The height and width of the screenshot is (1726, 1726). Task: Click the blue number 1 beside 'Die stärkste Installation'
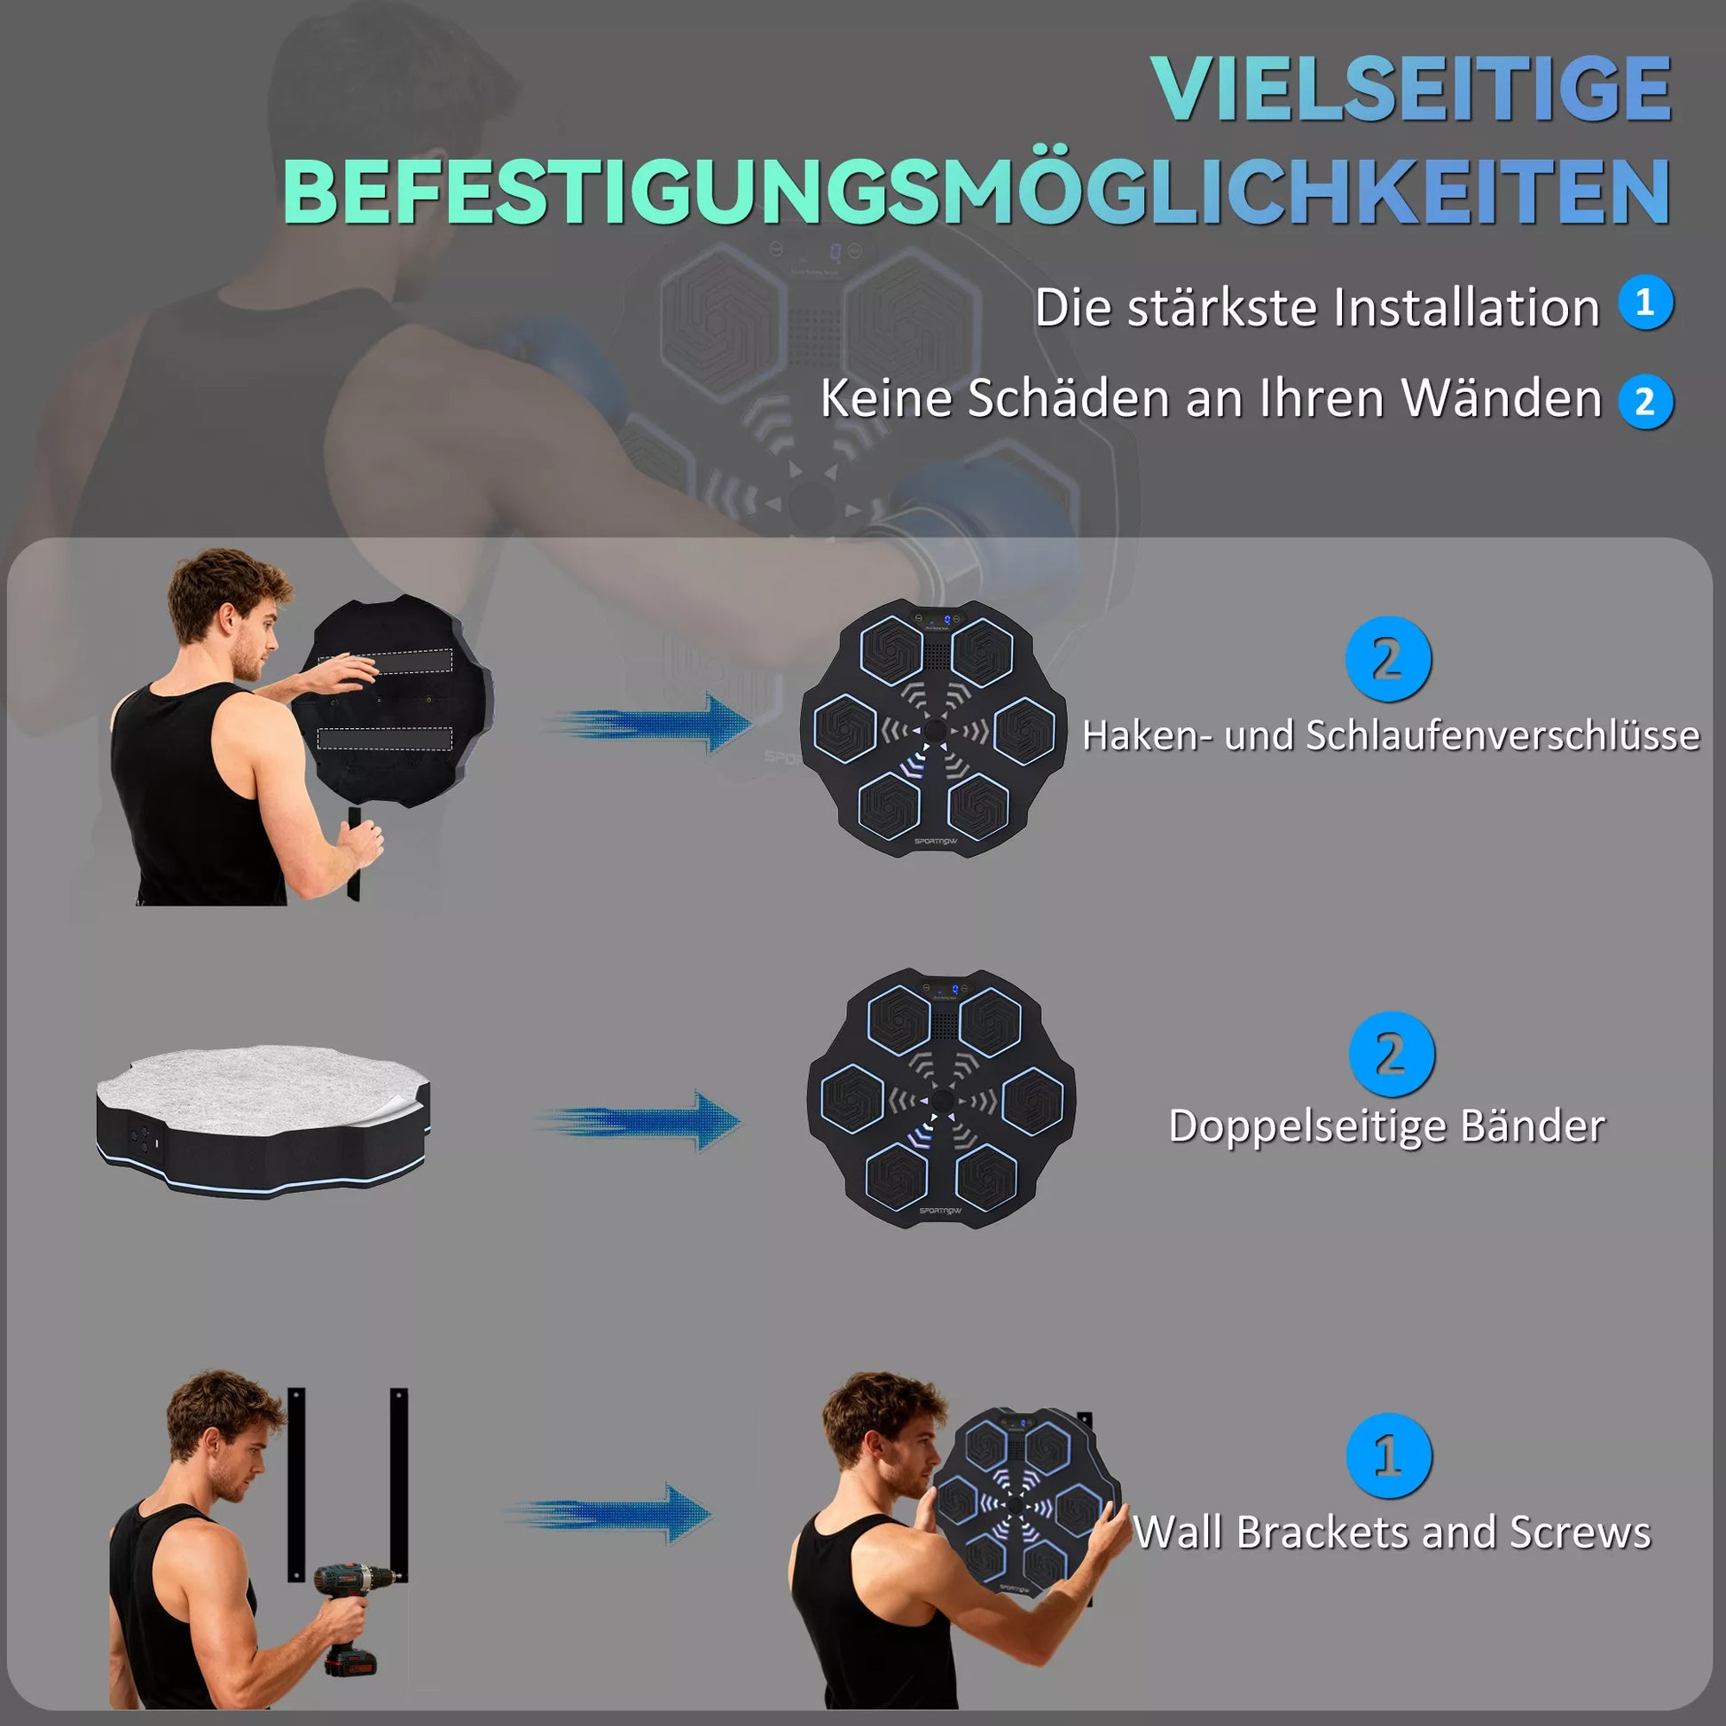coord(1644,302)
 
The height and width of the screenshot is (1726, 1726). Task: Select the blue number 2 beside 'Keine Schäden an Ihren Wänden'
coord(1644,401)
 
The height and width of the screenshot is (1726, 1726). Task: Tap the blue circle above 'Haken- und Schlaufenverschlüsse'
coord(1387,659)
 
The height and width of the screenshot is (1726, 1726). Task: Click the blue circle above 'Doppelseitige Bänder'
coord(1391,1054)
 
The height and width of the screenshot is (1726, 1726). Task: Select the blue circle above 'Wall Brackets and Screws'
coord(1387,1455)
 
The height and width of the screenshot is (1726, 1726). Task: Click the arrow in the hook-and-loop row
coord(652,722)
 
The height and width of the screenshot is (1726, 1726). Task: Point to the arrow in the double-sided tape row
coord(639,1120)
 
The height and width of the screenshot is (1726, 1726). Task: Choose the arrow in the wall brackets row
coord(613,1514)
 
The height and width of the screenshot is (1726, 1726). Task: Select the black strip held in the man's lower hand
coord(355,853)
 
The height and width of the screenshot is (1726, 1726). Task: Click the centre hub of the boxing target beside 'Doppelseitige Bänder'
coord(943,1100)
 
